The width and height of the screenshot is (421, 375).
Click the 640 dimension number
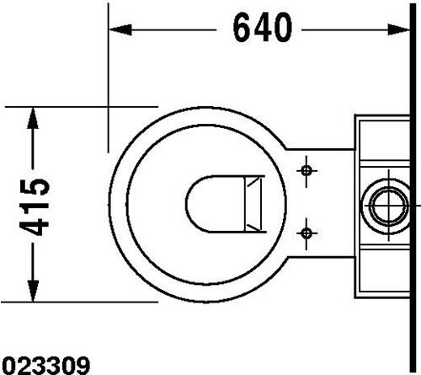263,28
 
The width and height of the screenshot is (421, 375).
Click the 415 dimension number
35,206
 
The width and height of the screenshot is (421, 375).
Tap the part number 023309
45,366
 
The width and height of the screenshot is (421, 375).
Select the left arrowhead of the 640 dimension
120,29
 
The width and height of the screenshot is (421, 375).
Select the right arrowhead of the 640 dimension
398,29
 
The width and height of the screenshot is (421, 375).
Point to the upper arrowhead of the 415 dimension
33,118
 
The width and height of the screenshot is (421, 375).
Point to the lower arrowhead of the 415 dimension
33,291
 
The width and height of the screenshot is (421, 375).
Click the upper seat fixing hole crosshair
306,170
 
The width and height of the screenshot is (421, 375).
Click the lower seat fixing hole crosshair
306,233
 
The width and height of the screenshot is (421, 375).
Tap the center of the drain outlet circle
389,206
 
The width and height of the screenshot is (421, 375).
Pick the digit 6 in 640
242,28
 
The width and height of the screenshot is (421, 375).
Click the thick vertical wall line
413,187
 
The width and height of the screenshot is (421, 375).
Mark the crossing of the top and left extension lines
108,107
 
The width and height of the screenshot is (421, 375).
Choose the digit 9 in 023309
83,366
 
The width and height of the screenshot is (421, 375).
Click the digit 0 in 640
283,28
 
